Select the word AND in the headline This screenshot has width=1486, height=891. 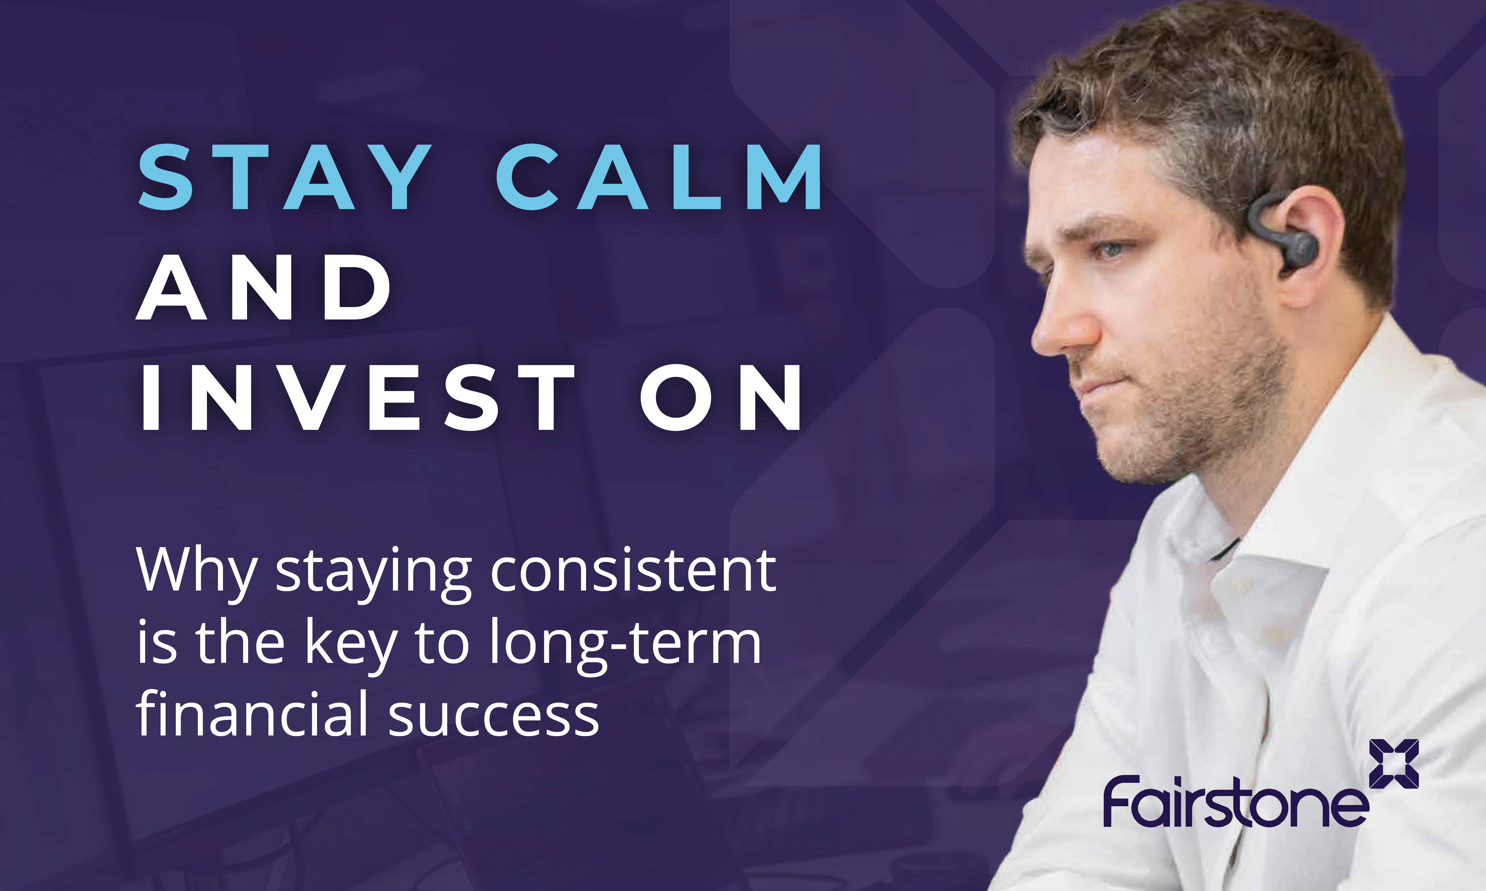pyautogui.click(x=264, y=287)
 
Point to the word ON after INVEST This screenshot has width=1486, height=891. pyautogui.click(x=721, y=397)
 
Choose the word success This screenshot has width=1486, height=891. pyautogui.click(x=494, y=717)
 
